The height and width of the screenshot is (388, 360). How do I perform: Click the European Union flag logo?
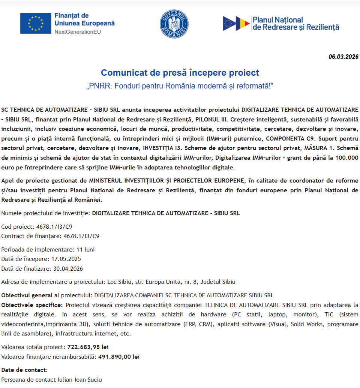click(36, 23)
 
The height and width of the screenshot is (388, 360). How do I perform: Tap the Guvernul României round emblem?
click(174, 23)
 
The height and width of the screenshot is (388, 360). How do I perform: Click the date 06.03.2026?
click(343, 57)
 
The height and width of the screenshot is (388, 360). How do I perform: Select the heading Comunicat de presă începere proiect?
click(180, 72)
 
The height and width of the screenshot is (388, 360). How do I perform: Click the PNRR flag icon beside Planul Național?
click(236, 23)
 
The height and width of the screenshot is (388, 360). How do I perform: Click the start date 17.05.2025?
click(66, 259)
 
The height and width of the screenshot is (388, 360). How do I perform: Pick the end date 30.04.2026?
click(68, 269)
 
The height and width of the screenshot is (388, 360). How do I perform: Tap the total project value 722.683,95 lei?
click(88, 347)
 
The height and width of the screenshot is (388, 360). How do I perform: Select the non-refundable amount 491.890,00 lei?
click(119, 357)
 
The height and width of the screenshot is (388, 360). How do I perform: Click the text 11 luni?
click(85, 249)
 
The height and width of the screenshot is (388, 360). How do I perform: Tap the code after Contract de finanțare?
click(81, 236)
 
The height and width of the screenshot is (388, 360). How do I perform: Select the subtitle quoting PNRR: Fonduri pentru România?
click(180, 86)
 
